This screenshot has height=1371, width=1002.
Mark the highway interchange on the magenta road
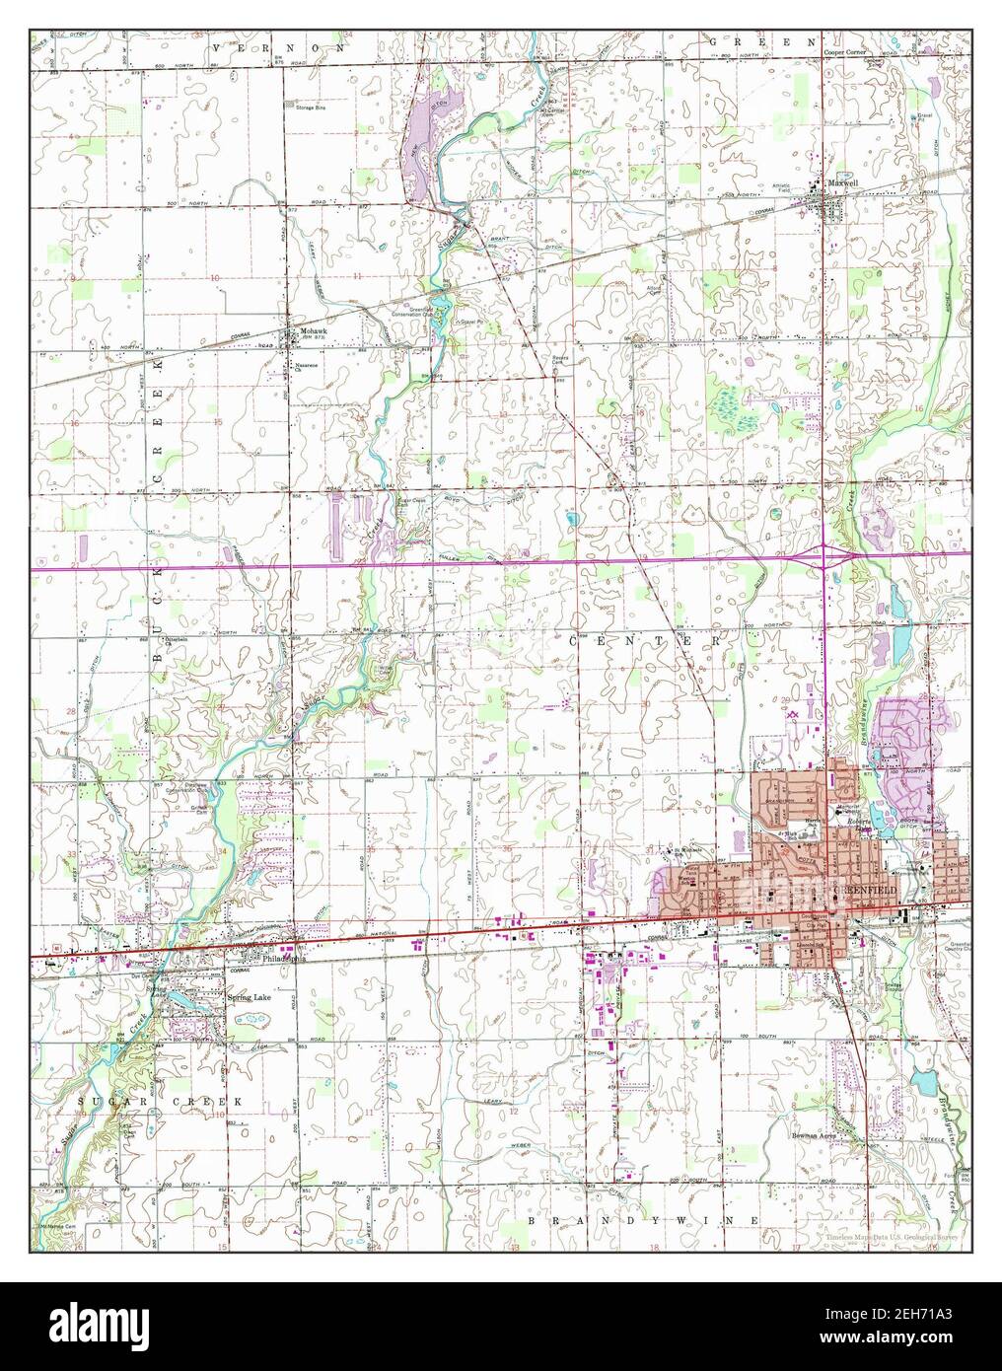click(823, 557)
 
